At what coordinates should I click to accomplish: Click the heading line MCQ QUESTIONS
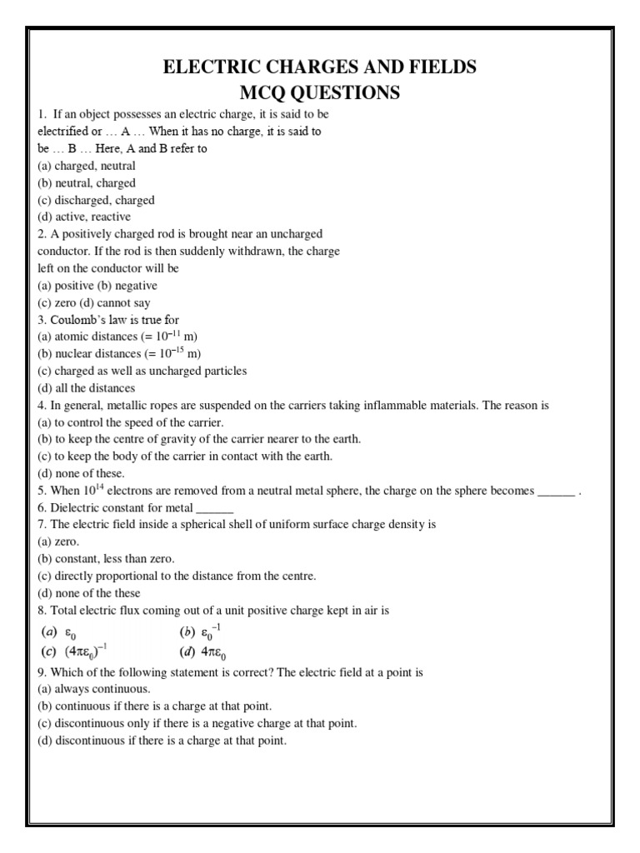tap(320, 92)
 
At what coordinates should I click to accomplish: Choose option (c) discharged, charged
tap(96, 200)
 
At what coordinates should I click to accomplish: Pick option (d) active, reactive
tap(84, 217)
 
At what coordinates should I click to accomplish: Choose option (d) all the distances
tap(87, 388)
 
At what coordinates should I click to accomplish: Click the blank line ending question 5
tap(556, 491)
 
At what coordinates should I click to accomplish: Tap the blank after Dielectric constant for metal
tap(215, 508)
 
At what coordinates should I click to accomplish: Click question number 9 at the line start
tap(42, 671)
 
